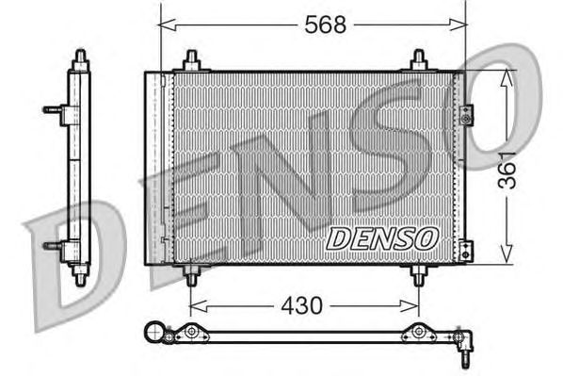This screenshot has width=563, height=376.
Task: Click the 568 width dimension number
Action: (x=325, y=25)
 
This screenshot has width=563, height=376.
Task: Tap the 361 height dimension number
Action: (x=508, y=170)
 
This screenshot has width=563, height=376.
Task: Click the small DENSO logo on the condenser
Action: (x=381, y=238)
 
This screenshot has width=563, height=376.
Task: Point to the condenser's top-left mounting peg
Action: (x=191, y=61)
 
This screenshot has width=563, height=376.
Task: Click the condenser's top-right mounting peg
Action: (x=419, y=61)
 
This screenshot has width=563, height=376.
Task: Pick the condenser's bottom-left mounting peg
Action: (x=191, y=275)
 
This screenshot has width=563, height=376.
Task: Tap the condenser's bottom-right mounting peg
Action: (x=419, y=275)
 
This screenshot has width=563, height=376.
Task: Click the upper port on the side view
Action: (x=53, y=109)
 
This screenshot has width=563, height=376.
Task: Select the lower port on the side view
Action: (x=53, y=247)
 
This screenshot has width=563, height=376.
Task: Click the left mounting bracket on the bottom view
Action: (x=190, y=332)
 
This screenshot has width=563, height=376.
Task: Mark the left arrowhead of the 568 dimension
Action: (x=166, y=25)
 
